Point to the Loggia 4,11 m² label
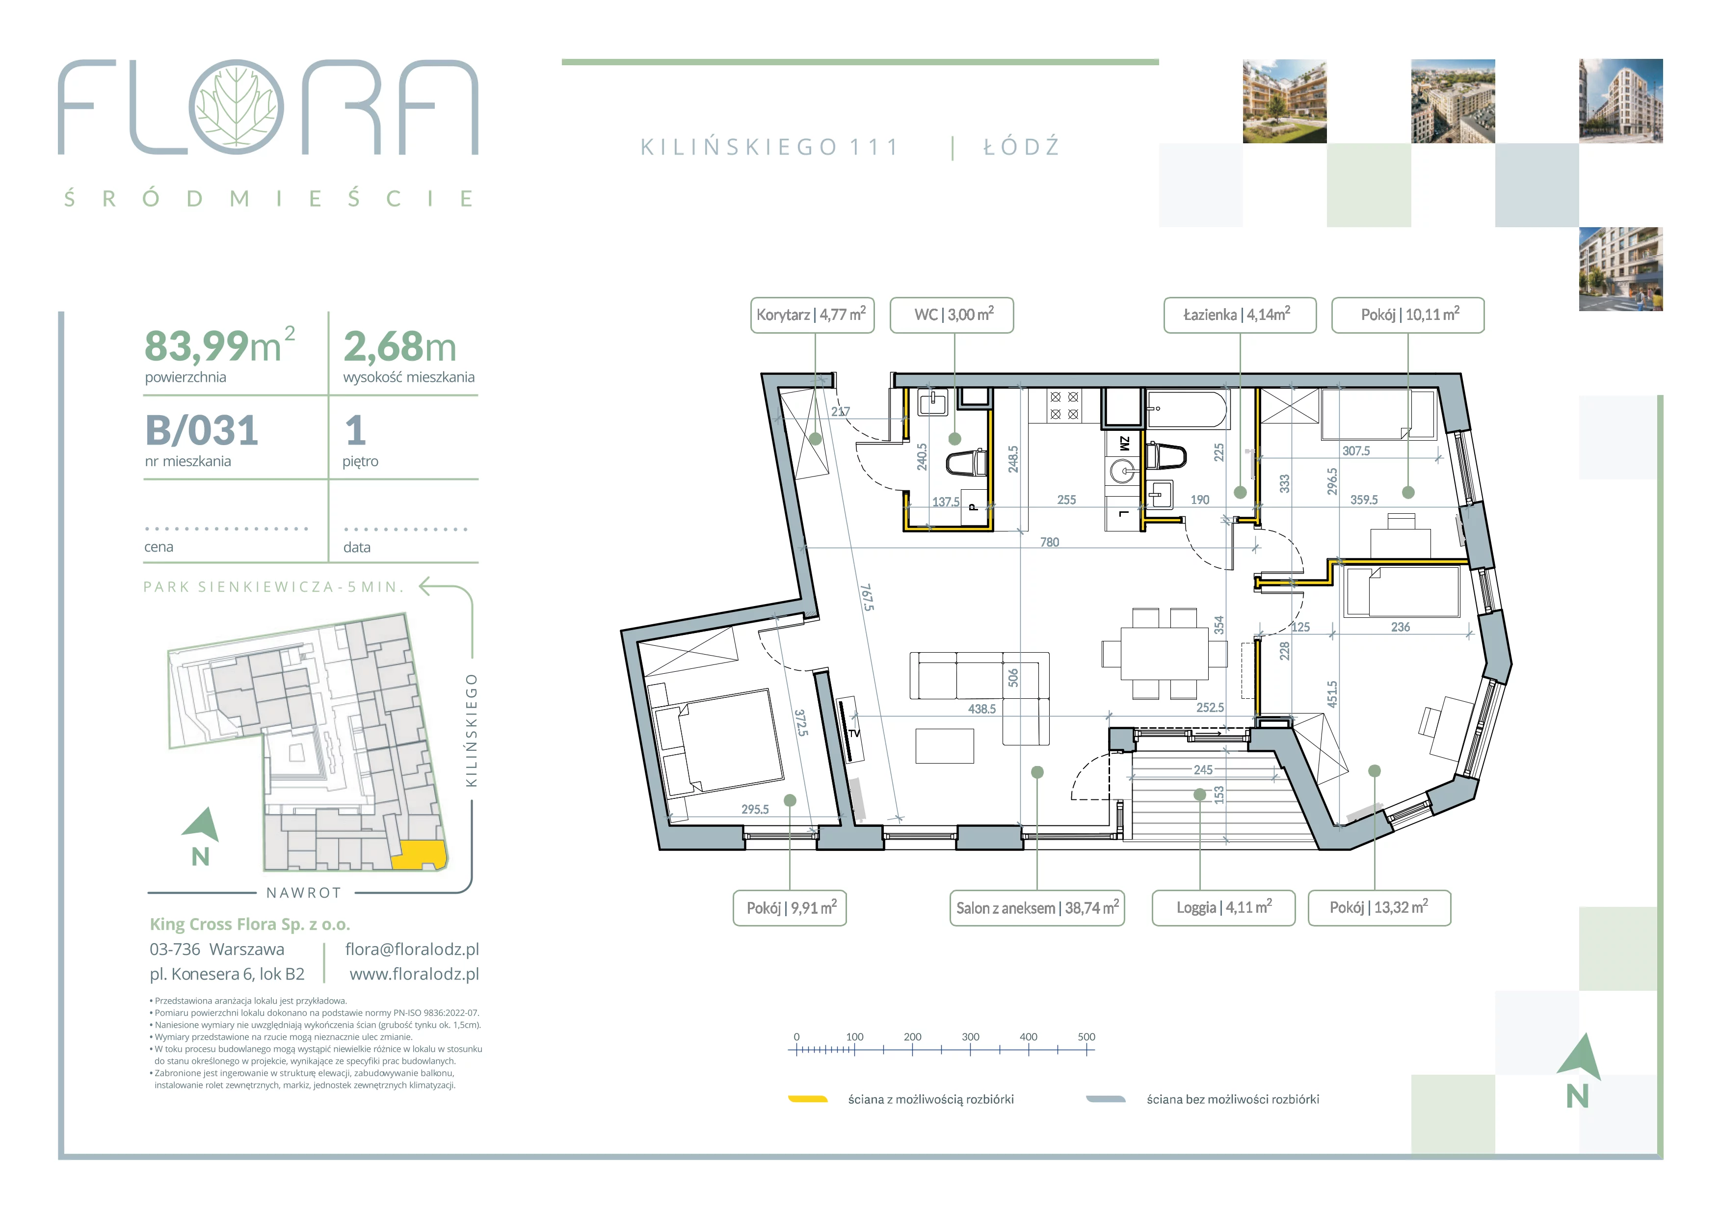[1223, 908]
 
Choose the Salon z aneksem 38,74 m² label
[1037, 908]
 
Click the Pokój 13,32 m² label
[1379, 908]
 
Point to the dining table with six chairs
[1164, 654]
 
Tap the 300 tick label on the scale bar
[971, 1037]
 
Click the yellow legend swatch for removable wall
[808, 1099]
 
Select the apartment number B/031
[202, 430]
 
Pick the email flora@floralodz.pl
[412, 950]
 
